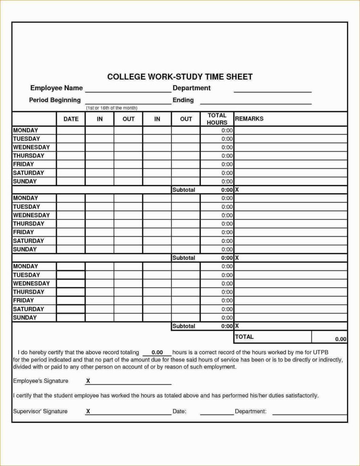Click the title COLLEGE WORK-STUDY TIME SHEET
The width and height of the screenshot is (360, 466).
pos(180,77)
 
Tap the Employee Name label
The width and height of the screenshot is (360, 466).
pos(57,88)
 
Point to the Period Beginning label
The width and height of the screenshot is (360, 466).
pos(55,100)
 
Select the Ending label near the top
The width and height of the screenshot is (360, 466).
pos(183,100)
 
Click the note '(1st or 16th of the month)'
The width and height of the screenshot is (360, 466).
pos(112,108)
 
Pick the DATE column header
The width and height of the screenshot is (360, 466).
pos(71,119)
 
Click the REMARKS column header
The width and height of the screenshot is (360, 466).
pos(249,119)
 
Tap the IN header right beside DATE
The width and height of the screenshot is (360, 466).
pos(100,119)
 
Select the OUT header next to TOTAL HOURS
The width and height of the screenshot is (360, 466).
pos(186,119)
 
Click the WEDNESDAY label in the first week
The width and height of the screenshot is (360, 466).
pos(31,147)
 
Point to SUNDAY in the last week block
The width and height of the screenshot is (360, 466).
pos(25,318)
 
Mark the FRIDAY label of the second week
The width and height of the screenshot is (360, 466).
pos(24,232)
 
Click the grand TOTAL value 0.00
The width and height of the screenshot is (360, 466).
pos(340,339)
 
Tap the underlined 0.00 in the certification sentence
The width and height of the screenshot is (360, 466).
pos(157,353)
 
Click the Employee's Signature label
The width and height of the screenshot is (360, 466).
pos(40,381)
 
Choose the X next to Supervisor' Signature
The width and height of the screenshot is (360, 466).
pos(88,412)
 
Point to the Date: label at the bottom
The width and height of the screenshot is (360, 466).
pos(179,412)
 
